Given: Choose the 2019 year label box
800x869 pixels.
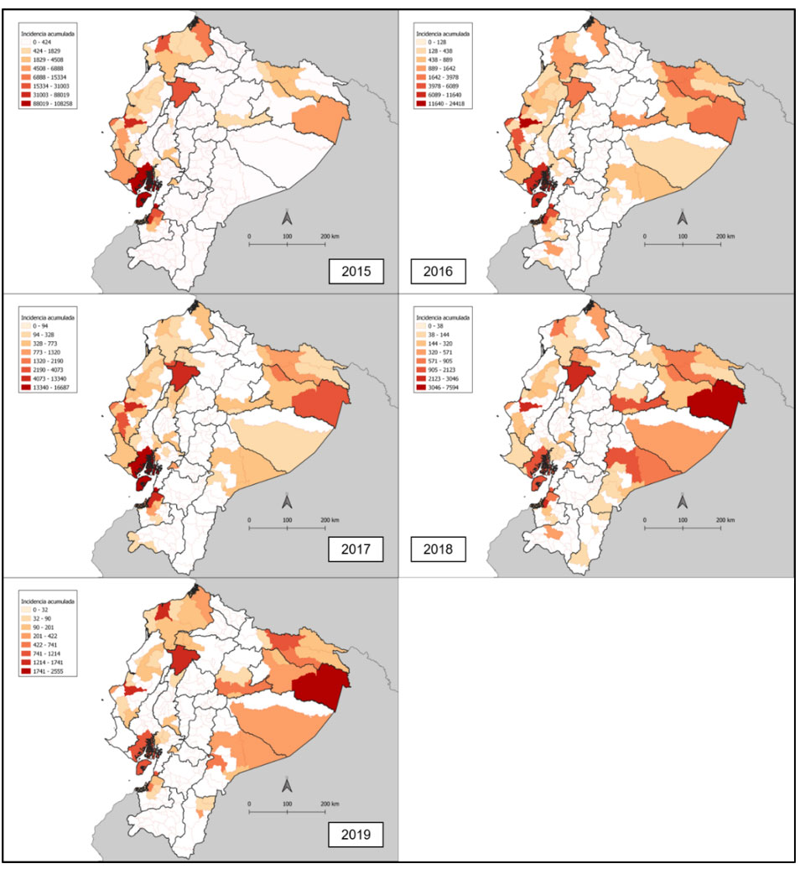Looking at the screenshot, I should coord(356,835).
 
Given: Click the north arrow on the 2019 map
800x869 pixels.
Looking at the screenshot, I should coord(287,785).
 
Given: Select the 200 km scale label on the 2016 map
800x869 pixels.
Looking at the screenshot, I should coord(725,237).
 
